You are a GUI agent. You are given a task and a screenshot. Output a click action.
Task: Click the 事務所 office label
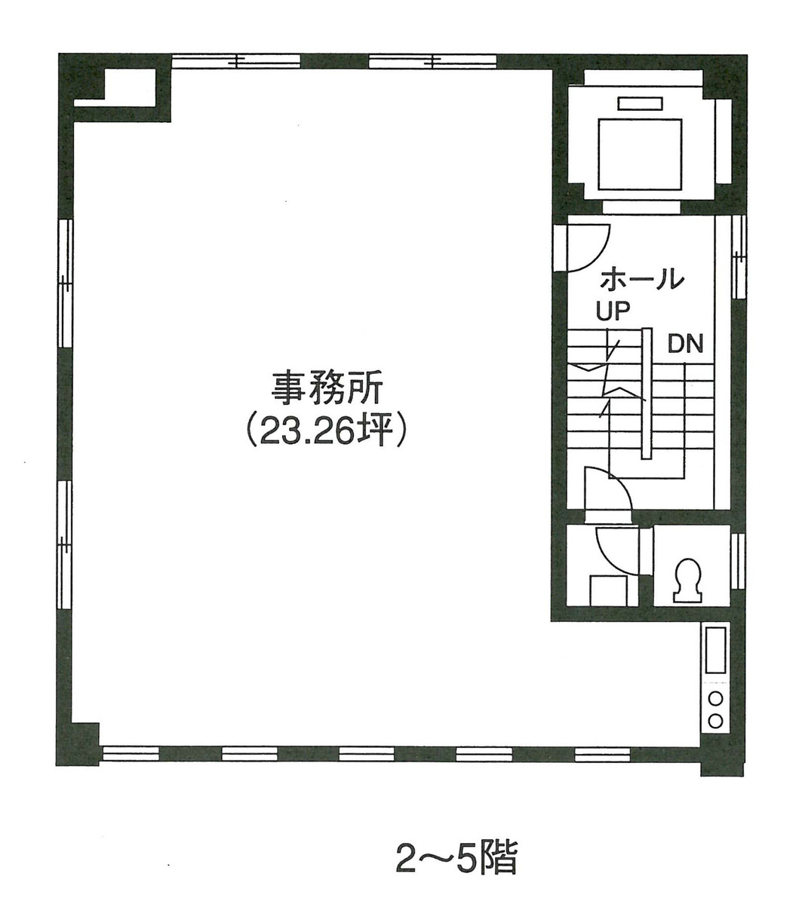328,391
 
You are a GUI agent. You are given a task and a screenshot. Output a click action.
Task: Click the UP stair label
613,311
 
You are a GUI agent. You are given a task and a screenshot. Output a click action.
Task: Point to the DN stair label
685,345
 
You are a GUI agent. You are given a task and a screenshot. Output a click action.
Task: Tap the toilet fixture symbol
688,580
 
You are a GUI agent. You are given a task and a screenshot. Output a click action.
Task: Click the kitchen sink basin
714,650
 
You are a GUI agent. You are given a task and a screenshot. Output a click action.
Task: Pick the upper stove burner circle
715,697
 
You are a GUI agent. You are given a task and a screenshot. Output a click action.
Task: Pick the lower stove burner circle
715,720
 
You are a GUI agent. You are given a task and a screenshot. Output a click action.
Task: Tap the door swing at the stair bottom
607,490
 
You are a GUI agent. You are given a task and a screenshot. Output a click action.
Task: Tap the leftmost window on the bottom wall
131,752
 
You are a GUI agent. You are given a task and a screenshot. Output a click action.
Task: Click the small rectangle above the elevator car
640,104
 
